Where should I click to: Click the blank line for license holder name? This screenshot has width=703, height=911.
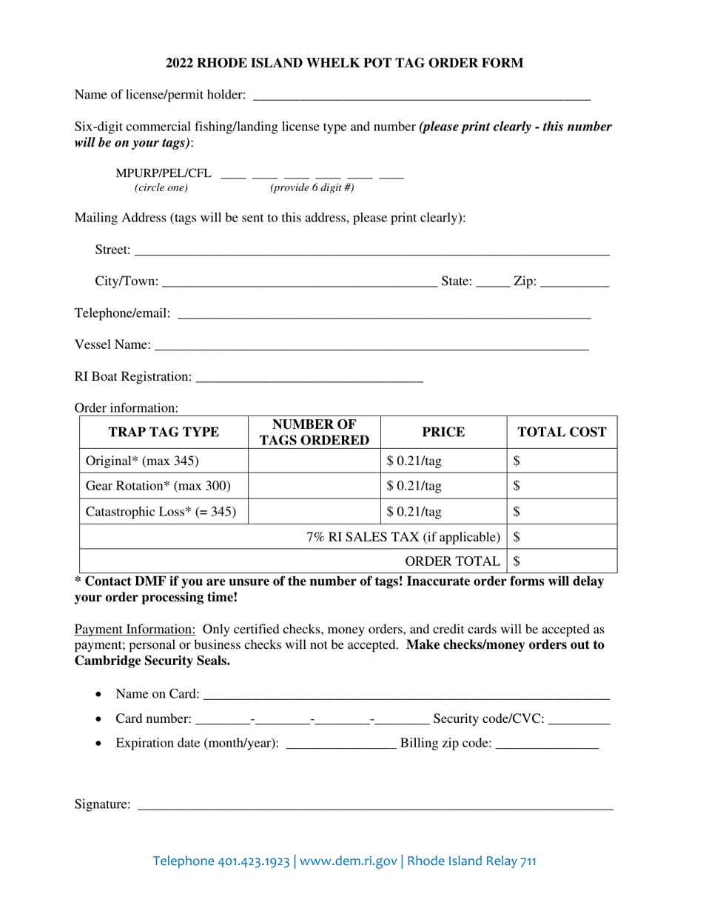[422, 95]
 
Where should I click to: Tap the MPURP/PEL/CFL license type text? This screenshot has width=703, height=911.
[164, 173]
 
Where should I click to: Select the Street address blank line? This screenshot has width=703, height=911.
[371, 250]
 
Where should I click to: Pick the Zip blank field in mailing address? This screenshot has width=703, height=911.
[575, 282]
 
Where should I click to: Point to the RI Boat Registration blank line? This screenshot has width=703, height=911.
[309, 377]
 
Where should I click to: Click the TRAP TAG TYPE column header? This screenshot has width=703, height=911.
[164, 432]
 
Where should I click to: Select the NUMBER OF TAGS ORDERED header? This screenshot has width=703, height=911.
[314, 432]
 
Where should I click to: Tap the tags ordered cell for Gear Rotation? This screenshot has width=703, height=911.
[314, 486]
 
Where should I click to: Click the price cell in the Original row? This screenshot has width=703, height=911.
[443, 461]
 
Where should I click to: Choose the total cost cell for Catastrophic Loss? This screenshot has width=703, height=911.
[562, 511]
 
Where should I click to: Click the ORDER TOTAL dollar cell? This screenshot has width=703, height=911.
[562, 561]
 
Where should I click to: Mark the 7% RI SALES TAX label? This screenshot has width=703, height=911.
[403, 537]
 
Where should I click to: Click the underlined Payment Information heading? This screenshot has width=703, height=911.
[135, 630]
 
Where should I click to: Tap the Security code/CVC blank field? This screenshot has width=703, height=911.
[580, 718]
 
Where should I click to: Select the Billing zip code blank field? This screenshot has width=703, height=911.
[547, 744]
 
